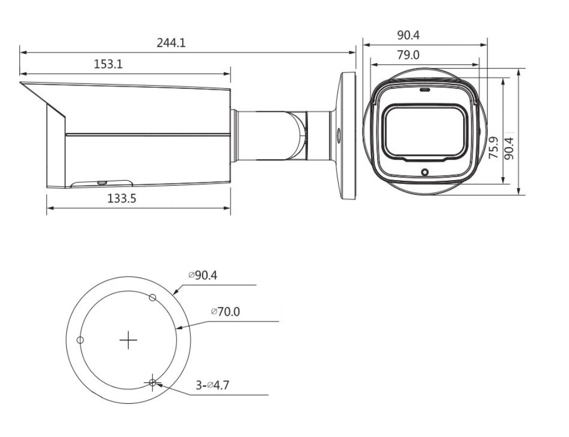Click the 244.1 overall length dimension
coord(171,43)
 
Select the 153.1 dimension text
coord(109,64)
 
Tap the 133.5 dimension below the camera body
coord(122,199)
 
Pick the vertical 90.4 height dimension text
coord(510,149)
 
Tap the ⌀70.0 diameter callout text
coord(225,311)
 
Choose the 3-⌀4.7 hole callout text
coord(212,385)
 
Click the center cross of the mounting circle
coord(128,340)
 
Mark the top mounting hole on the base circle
coord(152,297)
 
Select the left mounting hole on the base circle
coord(80,340)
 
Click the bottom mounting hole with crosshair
coord(152,382)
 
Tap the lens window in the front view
coord(425,131)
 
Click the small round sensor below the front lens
coord(425,172)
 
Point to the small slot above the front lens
coord(425,90)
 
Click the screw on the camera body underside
coord(101,182)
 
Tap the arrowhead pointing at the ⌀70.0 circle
coord(179,327)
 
